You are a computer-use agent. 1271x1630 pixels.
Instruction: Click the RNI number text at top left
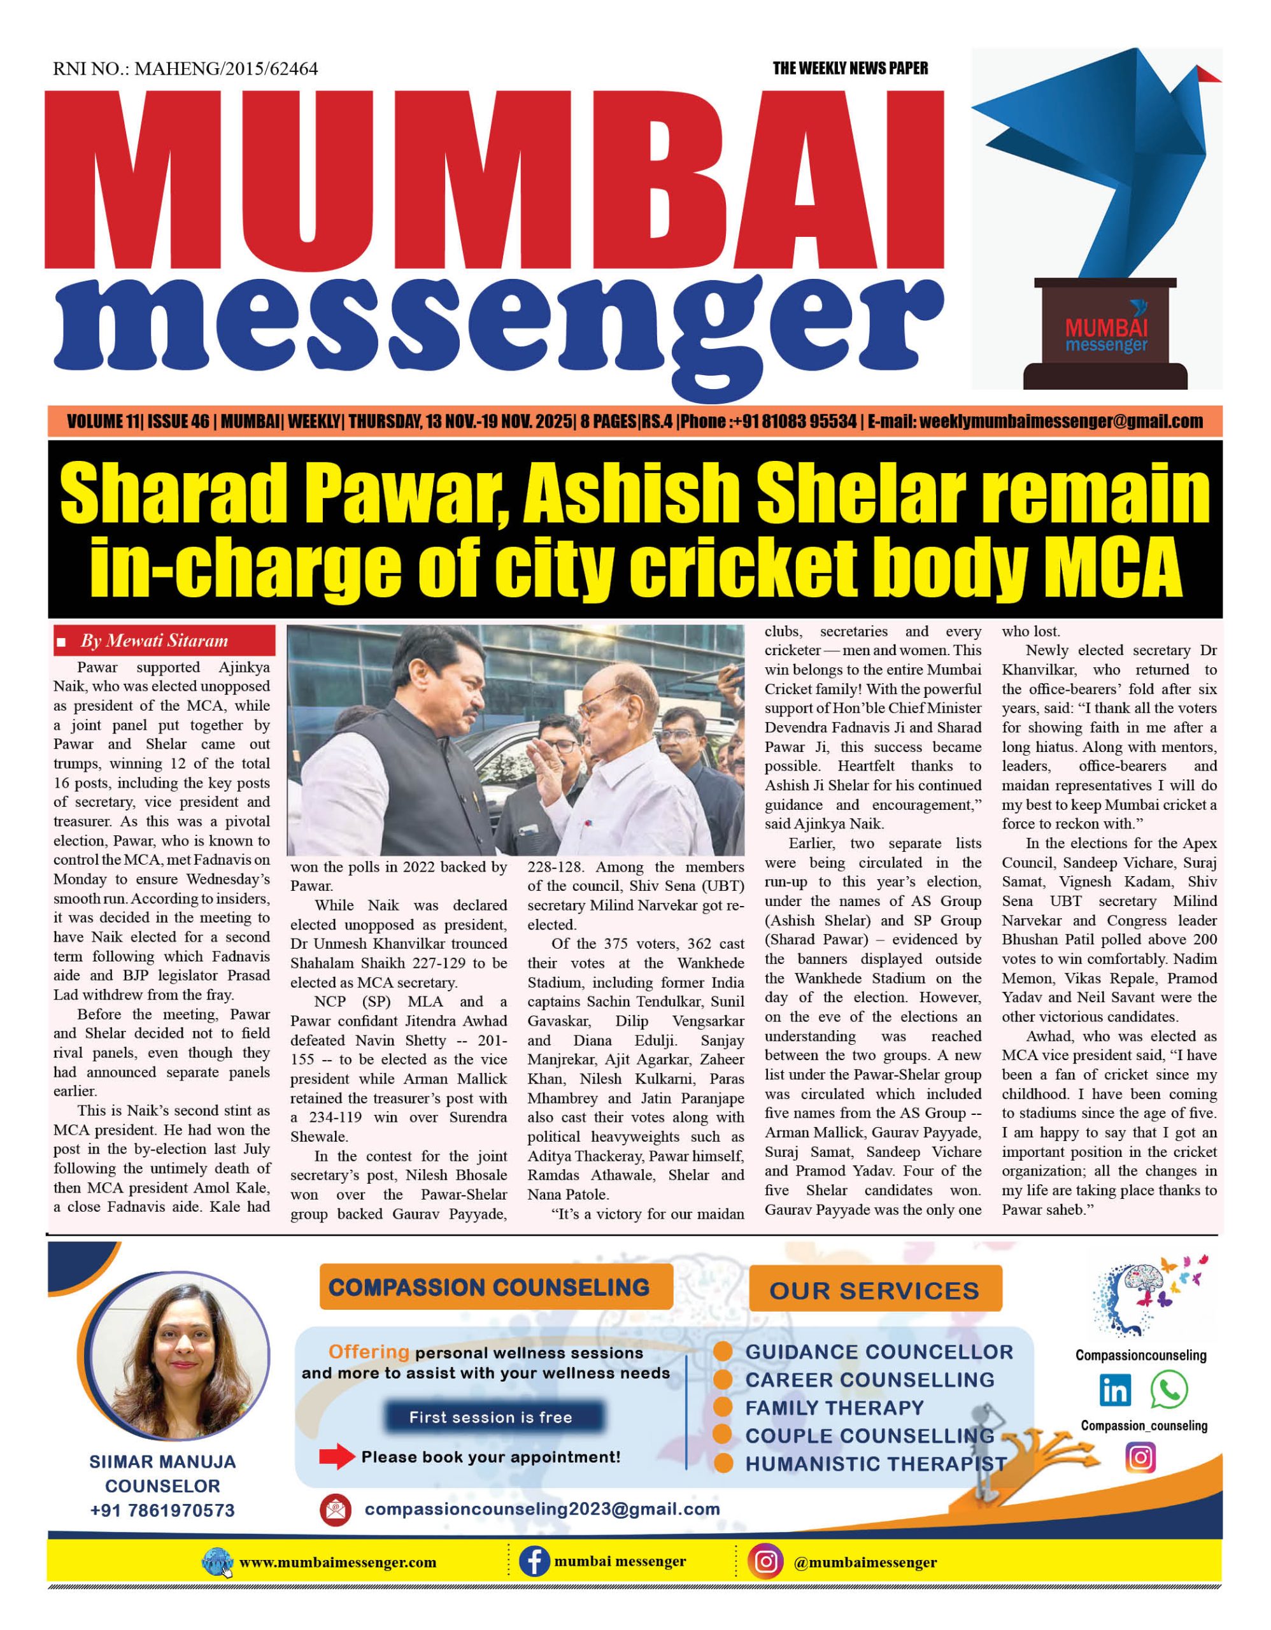pyautogui.click(x=185, y=69)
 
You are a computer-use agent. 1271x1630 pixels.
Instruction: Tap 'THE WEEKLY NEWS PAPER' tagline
pyautogui.click(x=850, y=69)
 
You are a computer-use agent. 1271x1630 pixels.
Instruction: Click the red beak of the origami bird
pyautogui.click(x=1207, y=74)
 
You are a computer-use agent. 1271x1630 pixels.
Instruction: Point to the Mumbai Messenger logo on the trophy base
pyautogui.click(x=1106, y=335)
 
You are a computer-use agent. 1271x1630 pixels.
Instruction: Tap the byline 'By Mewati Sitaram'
pyautogui.click(x=153, y=641)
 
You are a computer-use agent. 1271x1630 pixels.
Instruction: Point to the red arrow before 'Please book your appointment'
pyautogui.click(x=337, y=1456)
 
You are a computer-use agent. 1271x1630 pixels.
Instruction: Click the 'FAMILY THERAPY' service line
pyautogui.click(x=834, y=1408)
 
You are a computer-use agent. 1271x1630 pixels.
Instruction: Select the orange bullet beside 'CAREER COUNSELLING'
pyautogui.click(x=723, y=1379)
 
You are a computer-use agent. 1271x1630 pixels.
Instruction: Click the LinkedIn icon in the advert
pyautogui.click(x=1115, y=1391)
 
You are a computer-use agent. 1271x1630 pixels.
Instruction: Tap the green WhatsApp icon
pyautogui.click(x=1168, y=1390)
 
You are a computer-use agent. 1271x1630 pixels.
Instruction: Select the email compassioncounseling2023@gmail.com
pyautogui.click(x=542, y=1509)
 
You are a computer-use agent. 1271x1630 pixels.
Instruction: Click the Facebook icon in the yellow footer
pyautogui.click(x=534, y=1561)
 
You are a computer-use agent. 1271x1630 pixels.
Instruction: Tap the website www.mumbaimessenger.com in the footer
pyautogui.click(x=338, y=1562)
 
